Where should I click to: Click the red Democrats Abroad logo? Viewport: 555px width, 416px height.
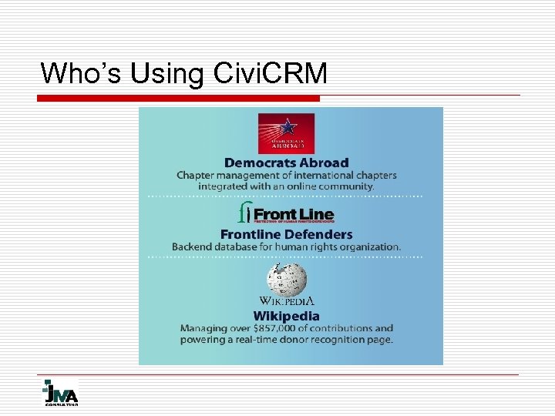pos(286,133)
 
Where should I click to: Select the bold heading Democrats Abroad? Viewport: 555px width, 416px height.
pos(286,163)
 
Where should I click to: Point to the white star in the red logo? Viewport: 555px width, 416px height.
pos(288,126)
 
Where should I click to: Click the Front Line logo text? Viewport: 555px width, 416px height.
pos(293,214)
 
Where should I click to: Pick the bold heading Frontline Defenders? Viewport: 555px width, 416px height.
pos(286,234)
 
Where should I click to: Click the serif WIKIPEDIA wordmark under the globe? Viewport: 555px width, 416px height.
pos(286,300)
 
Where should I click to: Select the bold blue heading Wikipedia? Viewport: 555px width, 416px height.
pos(286,316)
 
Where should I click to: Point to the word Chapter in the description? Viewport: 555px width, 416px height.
pos(197,176)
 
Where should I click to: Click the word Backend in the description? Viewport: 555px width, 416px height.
pos(194,247)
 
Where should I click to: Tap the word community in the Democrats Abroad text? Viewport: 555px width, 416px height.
pos(345,186)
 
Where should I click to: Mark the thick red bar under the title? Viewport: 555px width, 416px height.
pos(180,99)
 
